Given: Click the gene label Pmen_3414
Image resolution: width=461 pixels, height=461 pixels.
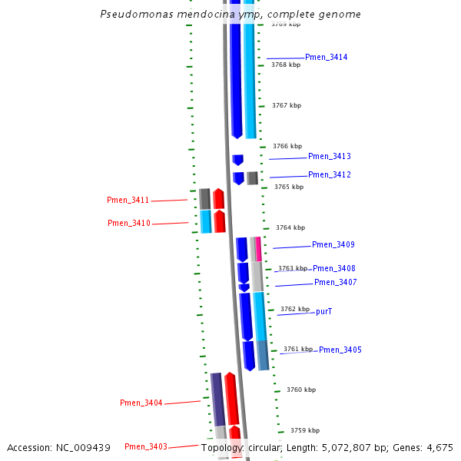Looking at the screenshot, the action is point(326,58).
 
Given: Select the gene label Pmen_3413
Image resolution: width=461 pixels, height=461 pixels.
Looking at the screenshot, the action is point(329,157).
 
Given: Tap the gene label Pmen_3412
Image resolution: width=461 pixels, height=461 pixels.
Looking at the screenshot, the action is point(329,175).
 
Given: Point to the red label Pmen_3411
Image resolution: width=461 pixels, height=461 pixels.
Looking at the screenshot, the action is point(128,201).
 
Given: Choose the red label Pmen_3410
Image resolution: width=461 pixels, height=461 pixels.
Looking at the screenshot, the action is point(128,224).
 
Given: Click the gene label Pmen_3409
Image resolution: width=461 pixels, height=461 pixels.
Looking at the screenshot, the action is point(333,245).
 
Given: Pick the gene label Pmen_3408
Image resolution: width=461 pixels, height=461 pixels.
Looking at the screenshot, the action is point(333,269).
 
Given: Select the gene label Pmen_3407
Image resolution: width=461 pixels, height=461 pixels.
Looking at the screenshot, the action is point(335,283).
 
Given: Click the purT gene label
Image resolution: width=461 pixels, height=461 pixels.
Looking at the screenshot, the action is point(323,312).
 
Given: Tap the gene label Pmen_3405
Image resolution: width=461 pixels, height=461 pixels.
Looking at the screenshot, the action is point(340,350).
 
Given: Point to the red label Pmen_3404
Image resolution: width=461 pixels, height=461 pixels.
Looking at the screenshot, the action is point(141,403).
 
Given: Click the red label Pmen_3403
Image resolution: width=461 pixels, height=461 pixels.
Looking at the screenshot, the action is point(145,447).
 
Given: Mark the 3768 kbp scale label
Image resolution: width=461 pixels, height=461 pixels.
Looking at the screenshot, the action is point(286,65).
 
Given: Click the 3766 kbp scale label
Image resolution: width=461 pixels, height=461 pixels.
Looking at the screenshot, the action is point(287,146).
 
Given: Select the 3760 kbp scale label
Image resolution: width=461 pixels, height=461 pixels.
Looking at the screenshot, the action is point(301,390).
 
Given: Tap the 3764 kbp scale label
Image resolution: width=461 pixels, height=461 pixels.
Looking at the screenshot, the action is point(290,227).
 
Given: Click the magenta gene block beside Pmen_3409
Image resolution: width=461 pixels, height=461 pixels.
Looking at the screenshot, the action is point(258,249).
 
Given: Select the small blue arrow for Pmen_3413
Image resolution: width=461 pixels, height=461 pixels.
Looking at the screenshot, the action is point(238,160).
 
